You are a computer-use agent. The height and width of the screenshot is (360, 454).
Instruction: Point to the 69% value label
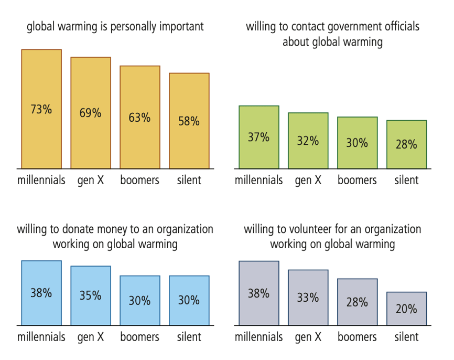91,113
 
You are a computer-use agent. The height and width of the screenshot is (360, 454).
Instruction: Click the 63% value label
139,117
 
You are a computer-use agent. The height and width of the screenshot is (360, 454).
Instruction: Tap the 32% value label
308,141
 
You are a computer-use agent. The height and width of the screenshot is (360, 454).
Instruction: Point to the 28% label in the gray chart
357,302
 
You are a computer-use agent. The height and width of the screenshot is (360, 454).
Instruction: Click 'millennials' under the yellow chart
41,180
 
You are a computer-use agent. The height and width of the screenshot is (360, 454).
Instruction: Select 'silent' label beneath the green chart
406,180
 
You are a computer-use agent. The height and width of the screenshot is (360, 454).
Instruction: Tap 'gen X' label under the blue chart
91,336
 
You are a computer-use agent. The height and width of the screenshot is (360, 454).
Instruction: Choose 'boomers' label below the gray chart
357,336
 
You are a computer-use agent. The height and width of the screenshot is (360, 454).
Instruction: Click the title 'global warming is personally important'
115,26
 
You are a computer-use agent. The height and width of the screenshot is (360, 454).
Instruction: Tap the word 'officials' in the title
398,26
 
